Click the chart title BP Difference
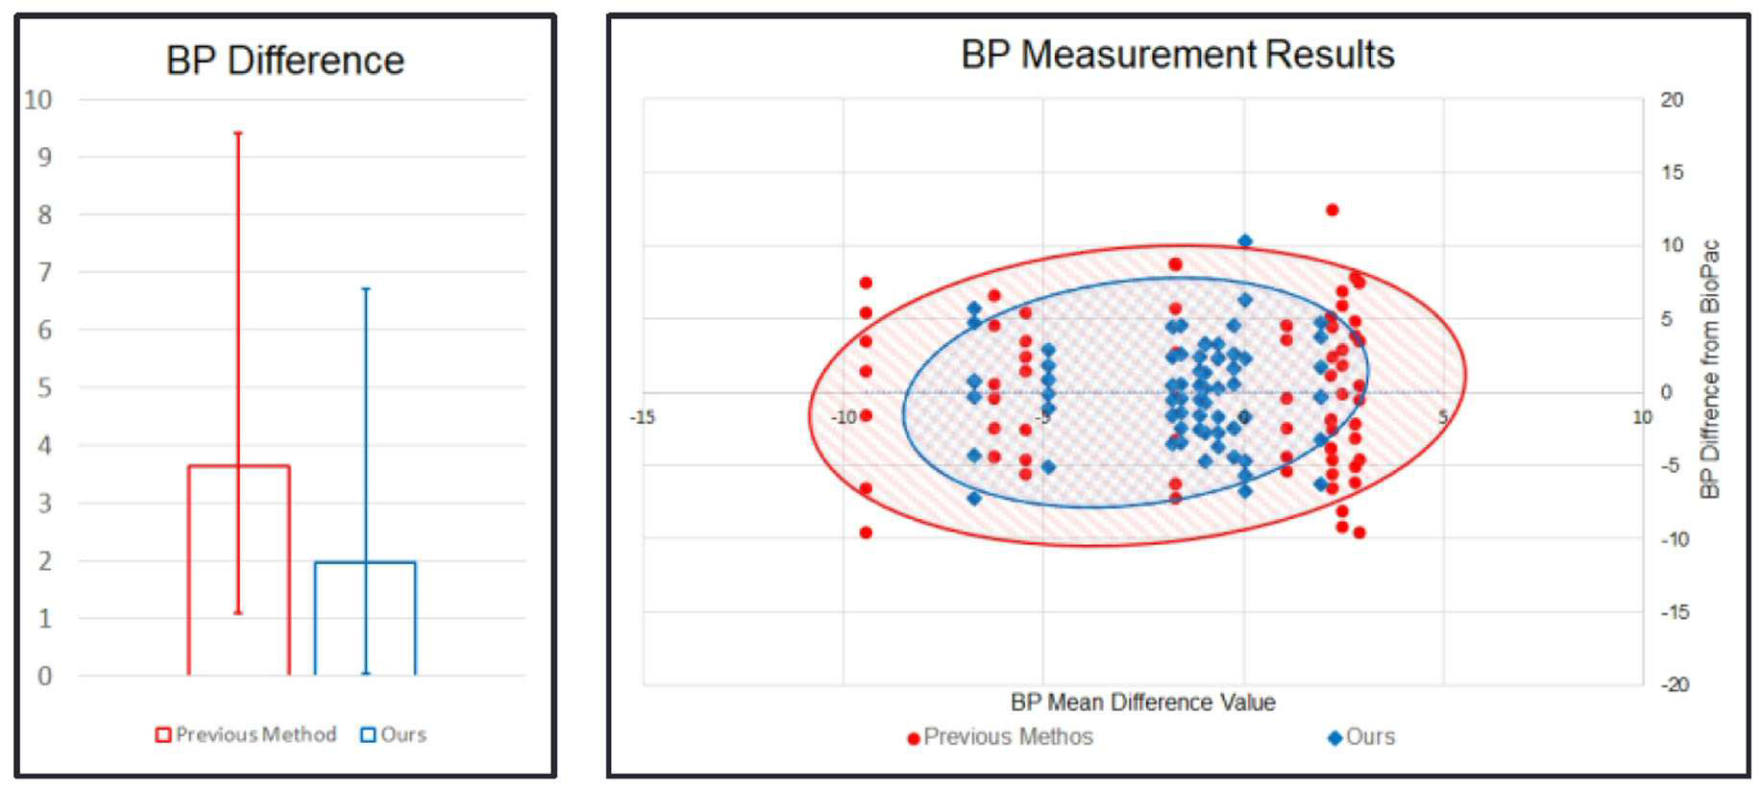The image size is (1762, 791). tap(285, 61)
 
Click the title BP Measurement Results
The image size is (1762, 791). tap(1178, 55)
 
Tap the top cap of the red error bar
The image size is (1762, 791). tap(238, 133)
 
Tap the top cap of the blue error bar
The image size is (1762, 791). tap(365, 288)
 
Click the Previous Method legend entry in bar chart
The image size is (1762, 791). tap(246, 735)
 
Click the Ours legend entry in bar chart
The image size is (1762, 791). tap(393, 735)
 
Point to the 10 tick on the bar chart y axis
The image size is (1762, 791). tap(38, 100)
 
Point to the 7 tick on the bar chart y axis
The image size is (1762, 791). tap(44, 272)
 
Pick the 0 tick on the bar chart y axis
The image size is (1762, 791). tap(44, 676)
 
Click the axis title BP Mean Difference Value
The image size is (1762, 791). tap(1143, 703)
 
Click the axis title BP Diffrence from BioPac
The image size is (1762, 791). tap(1709, 369)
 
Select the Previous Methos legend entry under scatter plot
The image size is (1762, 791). tap(1000, 737)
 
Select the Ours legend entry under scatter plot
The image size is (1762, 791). tap(1361, 737)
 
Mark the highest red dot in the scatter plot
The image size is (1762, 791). tap(1333, 210)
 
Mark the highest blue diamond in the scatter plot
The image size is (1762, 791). tap(1245, 241)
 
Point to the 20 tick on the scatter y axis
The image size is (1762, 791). tap(1672, 100)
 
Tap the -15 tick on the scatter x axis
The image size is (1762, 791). tap(643, 417)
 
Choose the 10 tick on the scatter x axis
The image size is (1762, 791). tap(1643, 417)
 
